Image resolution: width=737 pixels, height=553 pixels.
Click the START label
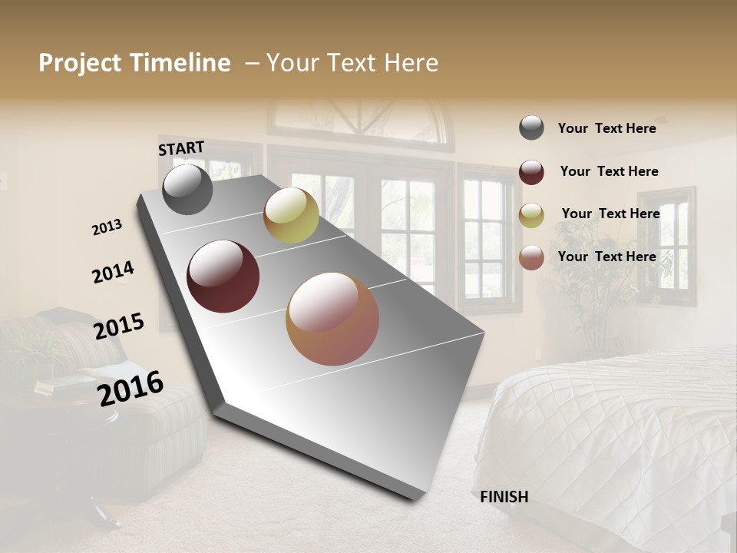[181, 148]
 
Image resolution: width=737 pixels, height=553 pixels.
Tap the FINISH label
[504, 497]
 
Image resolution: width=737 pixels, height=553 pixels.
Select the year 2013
[107, 227]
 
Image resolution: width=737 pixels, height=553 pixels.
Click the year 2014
[113, 273]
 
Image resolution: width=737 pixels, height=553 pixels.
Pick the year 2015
[119, 326]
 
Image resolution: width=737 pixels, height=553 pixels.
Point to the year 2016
[131, 388]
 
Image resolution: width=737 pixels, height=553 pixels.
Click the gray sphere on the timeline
[187, 190]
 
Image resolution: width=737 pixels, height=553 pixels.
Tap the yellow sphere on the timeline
[291, 216]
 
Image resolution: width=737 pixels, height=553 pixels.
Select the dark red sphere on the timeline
[223, 276]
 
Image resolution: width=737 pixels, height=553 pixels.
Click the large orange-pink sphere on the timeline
[332, 319]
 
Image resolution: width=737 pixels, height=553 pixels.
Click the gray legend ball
[531, 128]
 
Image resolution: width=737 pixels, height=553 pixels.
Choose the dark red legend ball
[531, 172]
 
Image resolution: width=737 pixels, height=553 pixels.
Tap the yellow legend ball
[531, 215]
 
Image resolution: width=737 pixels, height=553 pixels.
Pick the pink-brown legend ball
[531, 257]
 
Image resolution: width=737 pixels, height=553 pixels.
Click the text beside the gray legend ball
[606, 128]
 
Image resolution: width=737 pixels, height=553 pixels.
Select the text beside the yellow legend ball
[610, 214]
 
